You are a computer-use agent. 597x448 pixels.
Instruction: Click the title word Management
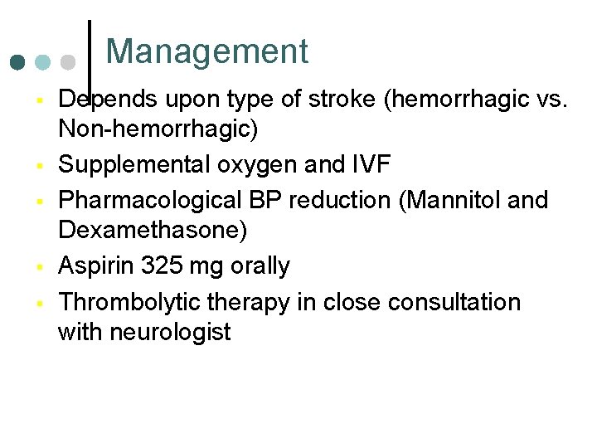tap(206, 51)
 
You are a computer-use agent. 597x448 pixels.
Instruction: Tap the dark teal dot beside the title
tap(18, 62)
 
